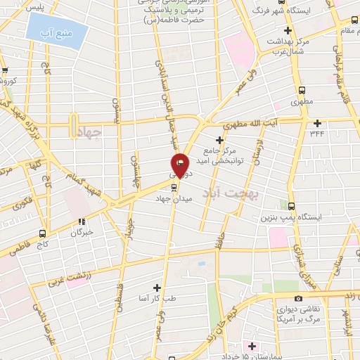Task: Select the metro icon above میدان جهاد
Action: click(174, 187)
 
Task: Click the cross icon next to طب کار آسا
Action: click(157, 287)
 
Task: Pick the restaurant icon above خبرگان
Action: click(82, 221)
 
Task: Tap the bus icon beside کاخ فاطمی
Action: click(42, 233)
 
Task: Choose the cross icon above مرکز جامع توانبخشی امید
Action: click(219, 141)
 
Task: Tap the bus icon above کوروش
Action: click(6, 70)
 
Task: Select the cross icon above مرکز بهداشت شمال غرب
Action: click(287, 30)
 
